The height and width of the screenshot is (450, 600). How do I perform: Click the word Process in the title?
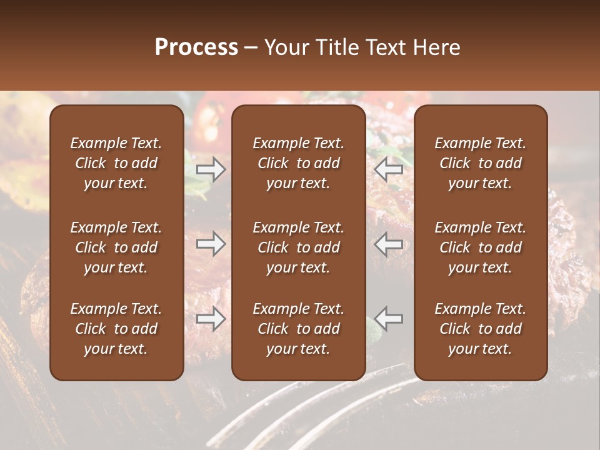pos(196,47)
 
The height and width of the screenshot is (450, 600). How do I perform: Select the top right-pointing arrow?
pos(211,169)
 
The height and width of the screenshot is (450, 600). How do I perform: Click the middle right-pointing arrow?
pos(211,244)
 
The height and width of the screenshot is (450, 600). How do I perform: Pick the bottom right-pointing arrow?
pos(211,319)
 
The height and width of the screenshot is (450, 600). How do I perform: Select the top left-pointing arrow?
pos(389,169)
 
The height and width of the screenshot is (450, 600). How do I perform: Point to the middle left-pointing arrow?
pos(389,244)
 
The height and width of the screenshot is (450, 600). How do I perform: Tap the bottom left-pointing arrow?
pos(389,319)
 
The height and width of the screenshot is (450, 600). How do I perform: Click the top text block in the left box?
pos(116,163)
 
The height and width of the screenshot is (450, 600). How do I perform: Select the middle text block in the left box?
pos(116,247)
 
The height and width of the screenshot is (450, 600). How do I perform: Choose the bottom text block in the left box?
pos(116,329)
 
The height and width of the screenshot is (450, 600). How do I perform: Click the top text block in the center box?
pos(299,163)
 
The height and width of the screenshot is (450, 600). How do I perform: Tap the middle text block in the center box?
pos(299,247)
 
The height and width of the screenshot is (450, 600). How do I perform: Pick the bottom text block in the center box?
pos(299,329)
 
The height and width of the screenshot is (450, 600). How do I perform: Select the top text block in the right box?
pos(481,163)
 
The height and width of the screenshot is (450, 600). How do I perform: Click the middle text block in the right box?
pos(481,247)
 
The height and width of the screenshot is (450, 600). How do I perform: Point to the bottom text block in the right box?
pos(481,329)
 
